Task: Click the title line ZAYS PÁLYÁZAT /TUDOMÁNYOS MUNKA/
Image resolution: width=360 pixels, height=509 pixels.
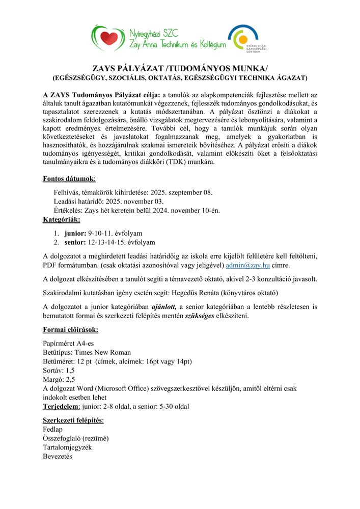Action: [180, 69]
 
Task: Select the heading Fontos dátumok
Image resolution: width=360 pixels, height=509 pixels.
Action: [69, 179]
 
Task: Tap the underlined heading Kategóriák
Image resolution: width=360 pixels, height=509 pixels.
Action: [62, 219]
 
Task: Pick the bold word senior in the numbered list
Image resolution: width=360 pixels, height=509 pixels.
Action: [75, 242]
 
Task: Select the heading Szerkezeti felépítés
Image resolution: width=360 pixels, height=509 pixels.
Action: [73, 420]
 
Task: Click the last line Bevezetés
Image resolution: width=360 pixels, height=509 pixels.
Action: [58, 457]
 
